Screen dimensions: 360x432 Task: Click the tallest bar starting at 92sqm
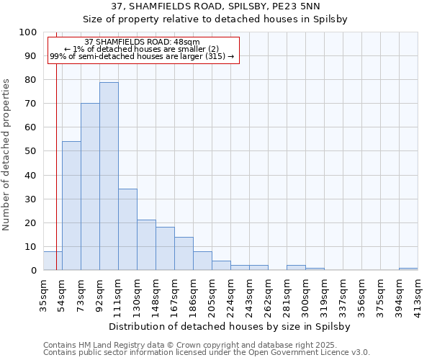pos(109,176)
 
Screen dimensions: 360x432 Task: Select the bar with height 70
pos(90,187)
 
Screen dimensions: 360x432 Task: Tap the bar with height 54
pos(71,206)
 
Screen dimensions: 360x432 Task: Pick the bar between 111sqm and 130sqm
pos(127,230)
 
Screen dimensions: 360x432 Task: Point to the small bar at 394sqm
pos(408,269)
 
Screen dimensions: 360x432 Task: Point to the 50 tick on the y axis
pos(32,151)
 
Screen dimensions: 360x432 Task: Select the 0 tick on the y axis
pos(35,271)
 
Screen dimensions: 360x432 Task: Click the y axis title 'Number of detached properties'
pos(6,154)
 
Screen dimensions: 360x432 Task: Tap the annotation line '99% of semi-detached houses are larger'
pos(142,56)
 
